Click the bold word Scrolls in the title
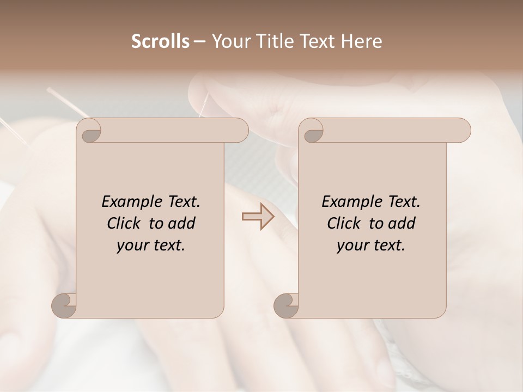click(160, 41)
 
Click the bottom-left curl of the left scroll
click(64, 305)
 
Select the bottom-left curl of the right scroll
click(286, 305)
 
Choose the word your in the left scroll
click(132, 246)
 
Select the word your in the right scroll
click(352, 246)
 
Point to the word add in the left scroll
click(182, 223)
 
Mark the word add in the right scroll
click(402, 223)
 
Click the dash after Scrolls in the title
click(199, 41)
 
